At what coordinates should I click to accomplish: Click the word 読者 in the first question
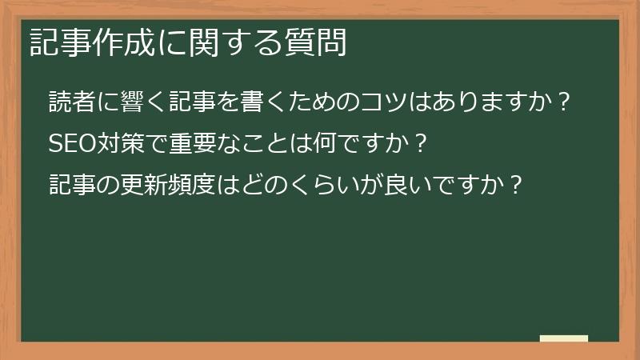click(x=72, y=103)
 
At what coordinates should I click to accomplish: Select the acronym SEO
click(x=72, y=145)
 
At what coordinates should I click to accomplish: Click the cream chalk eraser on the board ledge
click(x=564, y=338)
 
